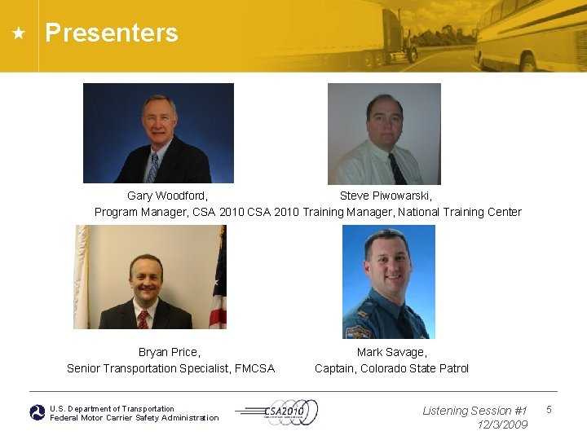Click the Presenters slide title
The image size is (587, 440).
click(112, 33)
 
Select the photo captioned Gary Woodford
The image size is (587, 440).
click(158, 133)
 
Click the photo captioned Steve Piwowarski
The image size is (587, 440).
click(384, 134)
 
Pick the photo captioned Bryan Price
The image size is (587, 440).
click(150, 277)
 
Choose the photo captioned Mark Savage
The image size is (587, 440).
click(388, 281)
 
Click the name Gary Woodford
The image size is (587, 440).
click(167, 196)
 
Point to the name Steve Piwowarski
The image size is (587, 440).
click(386, 196)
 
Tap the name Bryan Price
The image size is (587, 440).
click(169, 352)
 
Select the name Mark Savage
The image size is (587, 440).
click(391, 352)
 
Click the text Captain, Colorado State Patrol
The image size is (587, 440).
click(391, 368)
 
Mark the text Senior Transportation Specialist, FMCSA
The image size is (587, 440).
click(170, 368)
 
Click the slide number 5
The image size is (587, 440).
click(549, 409)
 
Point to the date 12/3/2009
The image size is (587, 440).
click(502, 425)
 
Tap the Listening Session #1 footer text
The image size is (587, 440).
click(474, 411)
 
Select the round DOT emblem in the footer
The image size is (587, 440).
click(38, 413)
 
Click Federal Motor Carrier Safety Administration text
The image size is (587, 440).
click(135, 418)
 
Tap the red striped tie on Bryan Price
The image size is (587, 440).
click(143, 319)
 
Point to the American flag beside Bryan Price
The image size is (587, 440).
click(218, 285)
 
